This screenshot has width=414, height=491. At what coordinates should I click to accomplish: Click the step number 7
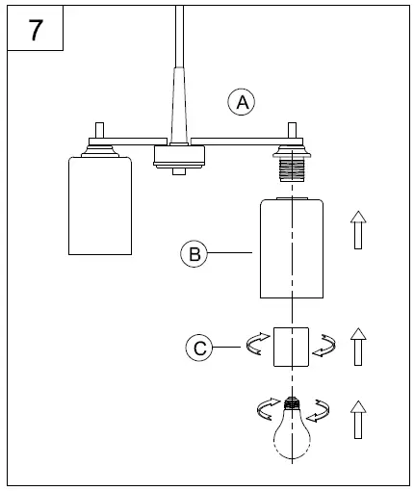[36, 30]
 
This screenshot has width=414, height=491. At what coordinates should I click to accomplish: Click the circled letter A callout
[242, 101]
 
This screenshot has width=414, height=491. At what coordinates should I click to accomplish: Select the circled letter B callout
[194, 254]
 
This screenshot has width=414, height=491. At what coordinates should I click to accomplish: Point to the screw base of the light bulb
[293, 406]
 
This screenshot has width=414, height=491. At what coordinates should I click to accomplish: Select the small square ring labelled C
[292, 348]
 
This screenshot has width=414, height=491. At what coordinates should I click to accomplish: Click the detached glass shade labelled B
[292, 248]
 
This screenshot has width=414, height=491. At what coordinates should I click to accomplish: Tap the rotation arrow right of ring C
[327, 345]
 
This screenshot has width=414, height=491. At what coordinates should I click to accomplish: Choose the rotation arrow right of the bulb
[320, 412]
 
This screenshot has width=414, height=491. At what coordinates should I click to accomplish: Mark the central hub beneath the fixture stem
[178, 156]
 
